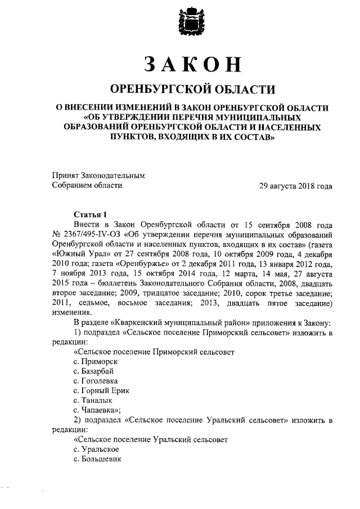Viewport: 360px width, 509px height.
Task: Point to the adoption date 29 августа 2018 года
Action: (295, 186)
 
